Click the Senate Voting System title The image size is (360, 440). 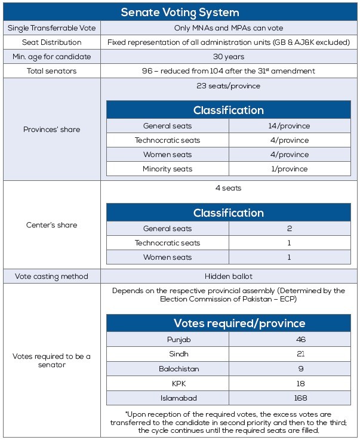tap(180, 12)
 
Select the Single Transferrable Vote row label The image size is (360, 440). tap(51, 28)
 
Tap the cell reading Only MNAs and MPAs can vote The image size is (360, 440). tap(229, 28)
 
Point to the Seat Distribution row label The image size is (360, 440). tap(51, 42)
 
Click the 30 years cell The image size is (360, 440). tap(229, 57)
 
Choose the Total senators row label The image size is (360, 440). tap(51, 71)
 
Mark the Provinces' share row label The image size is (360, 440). tap(51, 130)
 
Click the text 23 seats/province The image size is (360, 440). tap(229, 85)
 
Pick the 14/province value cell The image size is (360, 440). tap(289, 126)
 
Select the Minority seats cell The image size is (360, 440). tap(167, 169)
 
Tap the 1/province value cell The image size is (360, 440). tap(289, 169)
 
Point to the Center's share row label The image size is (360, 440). tap(51, 225)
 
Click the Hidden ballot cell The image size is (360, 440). tap(229, 276)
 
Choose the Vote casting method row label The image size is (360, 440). tap(51, 276)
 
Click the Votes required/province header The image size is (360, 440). tap(229, 323)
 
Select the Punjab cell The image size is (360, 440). tap(167, 340)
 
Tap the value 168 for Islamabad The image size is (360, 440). tap(289, 398)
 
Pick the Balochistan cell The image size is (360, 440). tap(167, 369)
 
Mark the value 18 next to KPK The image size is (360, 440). tap(289, 383)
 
